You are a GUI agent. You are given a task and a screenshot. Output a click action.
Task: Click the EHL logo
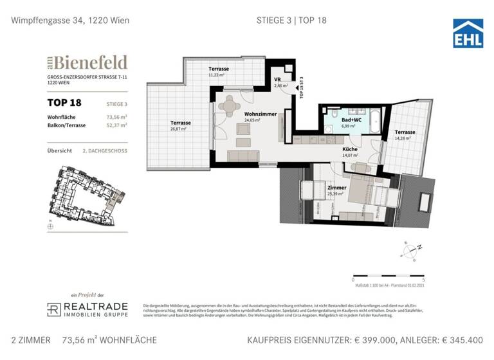tap(468, 33)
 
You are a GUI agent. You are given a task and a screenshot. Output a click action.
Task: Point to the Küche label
tap(351, 149)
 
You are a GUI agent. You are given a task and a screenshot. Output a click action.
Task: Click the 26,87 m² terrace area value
tap(178, 129)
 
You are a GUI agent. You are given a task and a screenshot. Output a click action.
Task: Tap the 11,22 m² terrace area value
tap(216, 75)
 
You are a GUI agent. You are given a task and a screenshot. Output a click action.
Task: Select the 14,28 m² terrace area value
tap(404, 138)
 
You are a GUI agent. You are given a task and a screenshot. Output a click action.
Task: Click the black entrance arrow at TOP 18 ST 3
tap(296, 82)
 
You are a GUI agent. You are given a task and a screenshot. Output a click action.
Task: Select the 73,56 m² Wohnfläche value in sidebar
tap(116, 117)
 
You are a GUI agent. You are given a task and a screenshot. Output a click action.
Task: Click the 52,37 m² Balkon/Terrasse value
tap(116, 126)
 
